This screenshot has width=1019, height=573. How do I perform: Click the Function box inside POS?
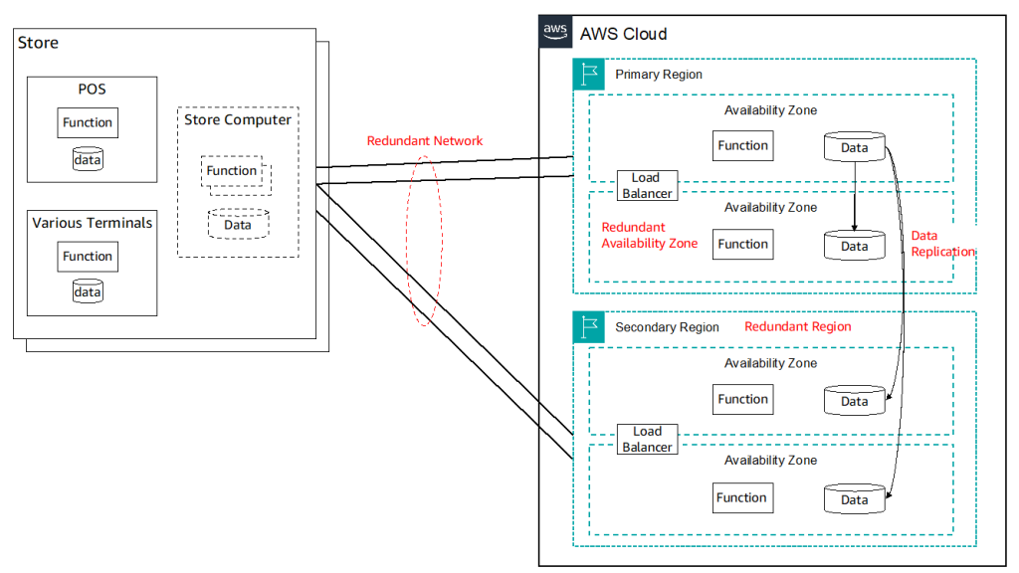tap(88, 123)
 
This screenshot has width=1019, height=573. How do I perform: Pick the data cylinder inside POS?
tap(88, 158)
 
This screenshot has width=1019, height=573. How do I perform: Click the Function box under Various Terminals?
tap(88, 257)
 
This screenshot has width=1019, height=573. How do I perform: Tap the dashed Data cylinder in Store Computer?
tap(238, 223)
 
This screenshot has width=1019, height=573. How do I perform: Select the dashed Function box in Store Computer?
tap(233, 171)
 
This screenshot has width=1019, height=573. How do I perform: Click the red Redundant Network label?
tap(425, 141)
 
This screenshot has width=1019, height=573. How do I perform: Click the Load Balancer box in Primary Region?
tap(646, 186)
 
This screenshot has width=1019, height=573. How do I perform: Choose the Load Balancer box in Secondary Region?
tap(647, 439)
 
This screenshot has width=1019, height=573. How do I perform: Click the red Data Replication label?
tap(942, 244)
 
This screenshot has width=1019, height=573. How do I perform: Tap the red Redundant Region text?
tap(798, 326)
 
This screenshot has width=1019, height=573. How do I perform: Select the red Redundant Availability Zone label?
tap(649, 235)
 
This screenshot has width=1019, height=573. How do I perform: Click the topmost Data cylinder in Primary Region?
tap(855, 147)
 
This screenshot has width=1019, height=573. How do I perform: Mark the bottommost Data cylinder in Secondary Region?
tap(855, 499)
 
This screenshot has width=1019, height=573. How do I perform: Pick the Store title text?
tap(39, 43)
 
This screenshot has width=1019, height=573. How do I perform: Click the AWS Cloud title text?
tap(623, 34)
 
